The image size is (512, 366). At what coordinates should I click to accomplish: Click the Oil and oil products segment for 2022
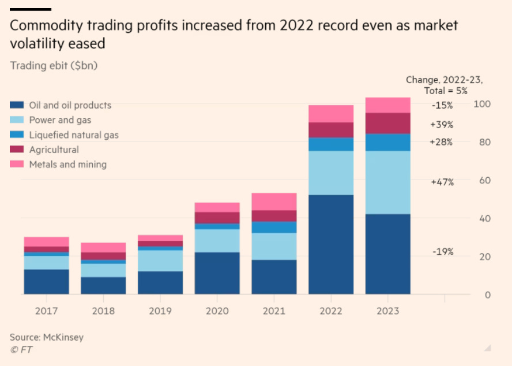[331, 244]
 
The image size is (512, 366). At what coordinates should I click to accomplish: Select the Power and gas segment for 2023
[387, 182]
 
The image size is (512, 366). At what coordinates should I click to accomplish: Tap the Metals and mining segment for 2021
[274, 201]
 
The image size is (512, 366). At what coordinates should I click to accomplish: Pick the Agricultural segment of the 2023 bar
[387, 123]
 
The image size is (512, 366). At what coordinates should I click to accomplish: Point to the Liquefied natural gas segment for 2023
[387, 142]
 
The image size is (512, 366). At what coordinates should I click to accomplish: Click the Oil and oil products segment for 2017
[46, 282]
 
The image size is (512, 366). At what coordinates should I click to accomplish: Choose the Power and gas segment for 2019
[160, 260]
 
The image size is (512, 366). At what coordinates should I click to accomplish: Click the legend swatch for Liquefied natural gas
[17, 135]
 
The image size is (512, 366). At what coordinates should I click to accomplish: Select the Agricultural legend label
[54, 150]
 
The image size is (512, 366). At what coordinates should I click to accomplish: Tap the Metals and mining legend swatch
[17, 165]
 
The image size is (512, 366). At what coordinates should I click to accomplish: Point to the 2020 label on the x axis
[217, 311]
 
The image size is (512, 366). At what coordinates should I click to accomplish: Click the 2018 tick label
[103, 311]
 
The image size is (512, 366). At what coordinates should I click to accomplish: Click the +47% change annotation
[442, 182]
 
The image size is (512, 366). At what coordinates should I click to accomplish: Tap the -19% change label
[443, 252]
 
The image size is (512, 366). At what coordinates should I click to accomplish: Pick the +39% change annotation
[442, 125]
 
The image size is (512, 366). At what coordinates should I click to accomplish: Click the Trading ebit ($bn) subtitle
[54, 65]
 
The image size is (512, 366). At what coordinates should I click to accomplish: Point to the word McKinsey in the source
[63, 337]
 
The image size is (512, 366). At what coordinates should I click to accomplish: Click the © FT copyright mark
[22, 350]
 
